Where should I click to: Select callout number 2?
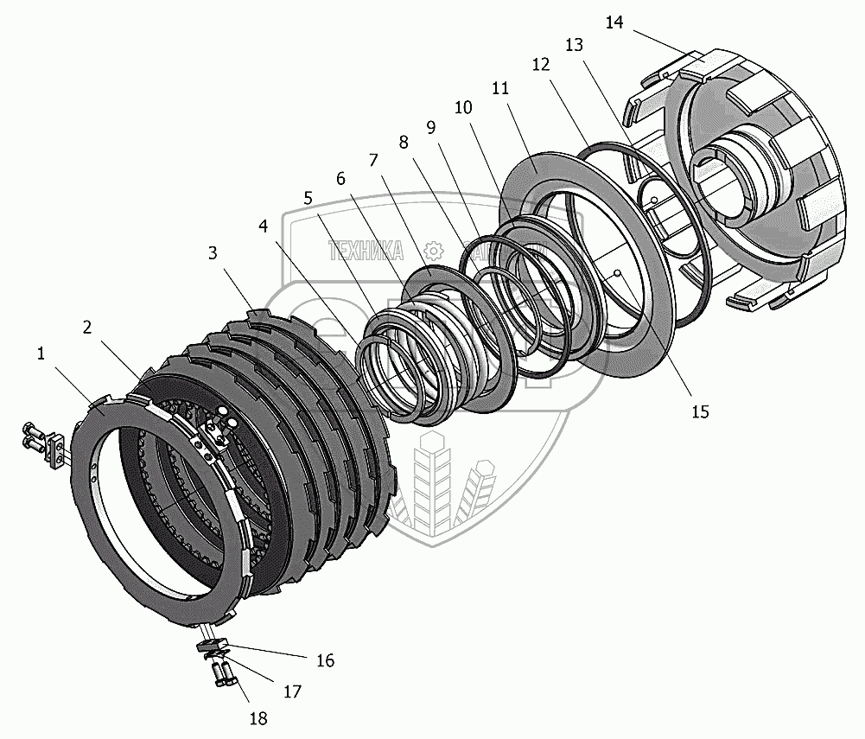click(x=87, y=327)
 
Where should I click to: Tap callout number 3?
click(x=213, y=253)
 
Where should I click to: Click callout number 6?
click(x=340, y=178)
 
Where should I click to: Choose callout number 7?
click(x=372, y=161)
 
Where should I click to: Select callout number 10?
click(x=462, y=108)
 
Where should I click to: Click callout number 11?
click(x=499, y=89)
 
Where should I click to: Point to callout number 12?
click(x=541, y=65)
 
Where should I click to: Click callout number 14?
click(x=614, y=22)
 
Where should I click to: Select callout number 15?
click(x=699, y=411)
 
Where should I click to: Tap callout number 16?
click(x=325, y=661)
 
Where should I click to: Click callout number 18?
click(x=258, y=718)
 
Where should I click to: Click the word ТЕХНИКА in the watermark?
click(x=366, y=251)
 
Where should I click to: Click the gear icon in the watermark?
click(x=434, y=251)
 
